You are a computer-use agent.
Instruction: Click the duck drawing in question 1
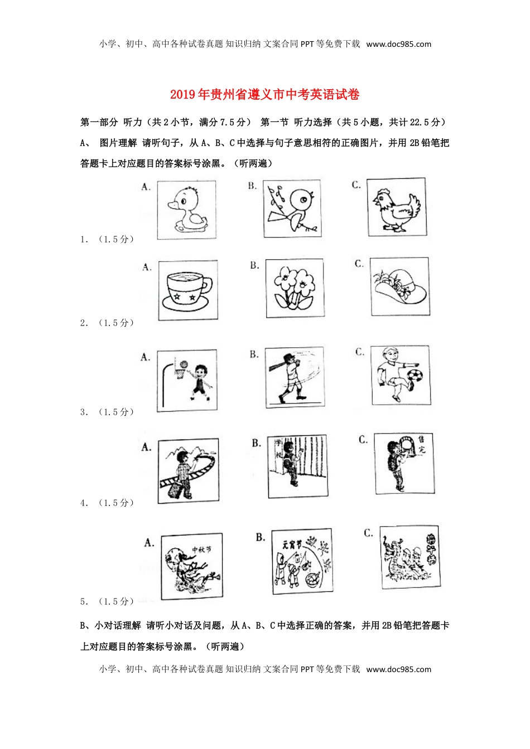pos(187,210)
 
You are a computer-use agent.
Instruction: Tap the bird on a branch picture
pos(293,208)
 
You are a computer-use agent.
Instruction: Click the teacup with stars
pos(187,290)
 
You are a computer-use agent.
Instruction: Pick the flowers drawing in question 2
pos(294,288)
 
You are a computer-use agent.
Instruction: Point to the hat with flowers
pos(400,286)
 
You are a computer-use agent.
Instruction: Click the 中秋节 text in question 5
pos(201,549)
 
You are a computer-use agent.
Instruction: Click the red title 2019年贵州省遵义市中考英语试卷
pos(264,95)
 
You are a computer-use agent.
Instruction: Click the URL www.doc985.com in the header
pos(398,44)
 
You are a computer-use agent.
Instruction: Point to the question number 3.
pos(84,412)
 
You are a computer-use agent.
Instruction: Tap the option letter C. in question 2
pos(359,264)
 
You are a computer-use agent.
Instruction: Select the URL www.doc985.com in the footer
pos(398,669)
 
